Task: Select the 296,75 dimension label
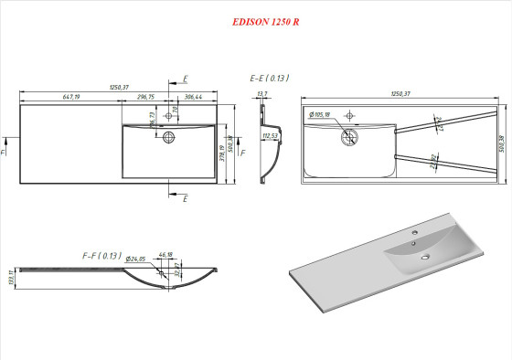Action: (145, 96)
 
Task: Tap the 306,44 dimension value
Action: (193, 96)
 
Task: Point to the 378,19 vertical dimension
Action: (222, 151)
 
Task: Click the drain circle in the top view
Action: (168, 137)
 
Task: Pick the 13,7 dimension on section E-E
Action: (263, 94)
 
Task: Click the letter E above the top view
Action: (186, 79)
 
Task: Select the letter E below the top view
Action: (186, 197)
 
